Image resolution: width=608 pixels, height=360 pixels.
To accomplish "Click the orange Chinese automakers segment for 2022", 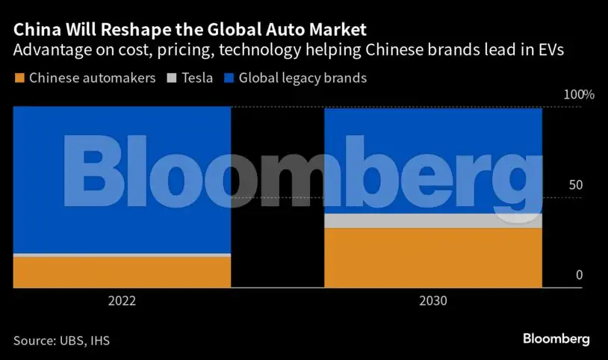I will pyautogui.click(x=122, y=273).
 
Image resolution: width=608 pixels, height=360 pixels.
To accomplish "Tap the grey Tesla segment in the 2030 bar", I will pyautogui.click(x=433, y=220).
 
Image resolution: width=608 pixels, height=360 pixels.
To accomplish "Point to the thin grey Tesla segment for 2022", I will pyautogui.click(x=122, y=255).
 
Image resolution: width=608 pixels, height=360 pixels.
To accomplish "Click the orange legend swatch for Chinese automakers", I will pyautogui.click(x=19, y=78).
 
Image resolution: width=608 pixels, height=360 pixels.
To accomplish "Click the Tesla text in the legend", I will pyautogui.click(x=197, y=78).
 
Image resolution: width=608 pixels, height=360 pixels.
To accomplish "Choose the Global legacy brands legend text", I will pyautogui.click(x=303, y=78).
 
